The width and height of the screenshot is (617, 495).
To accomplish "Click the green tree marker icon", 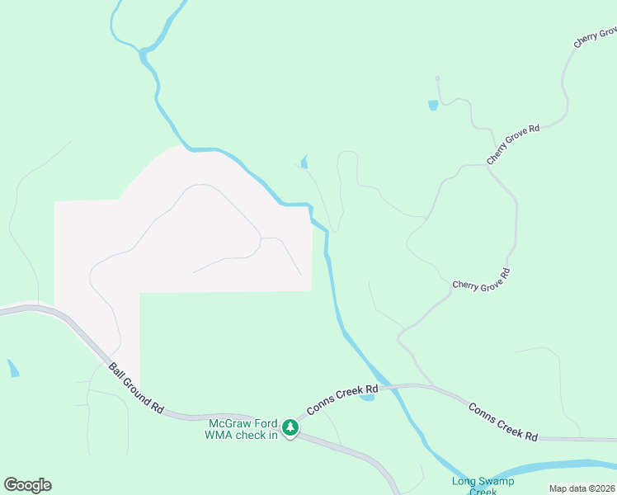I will pos(290,427).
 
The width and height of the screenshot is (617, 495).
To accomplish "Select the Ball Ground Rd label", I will pos(136,388).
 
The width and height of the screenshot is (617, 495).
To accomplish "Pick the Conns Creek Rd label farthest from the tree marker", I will pos(503,421).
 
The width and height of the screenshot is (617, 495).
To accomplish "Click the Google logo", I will pos(27,485).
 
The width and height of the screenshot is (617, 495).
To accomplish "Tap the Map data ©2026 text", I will pos(582,488).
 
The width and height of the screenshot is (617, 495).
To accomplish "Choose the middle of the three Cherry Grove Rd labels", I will pos(513,144).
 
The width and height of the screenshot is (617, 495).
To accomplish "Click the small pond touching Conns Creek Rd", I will pos(367,398).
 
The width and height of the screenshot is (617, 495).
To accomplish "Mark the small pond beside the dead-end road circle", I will pos(432,105).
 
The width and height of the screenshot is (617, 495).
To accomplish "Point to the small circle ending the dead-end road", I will pos(437,79).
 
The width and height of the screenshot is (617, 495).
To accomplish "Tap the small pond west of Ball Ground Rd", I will pos(13,368).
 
